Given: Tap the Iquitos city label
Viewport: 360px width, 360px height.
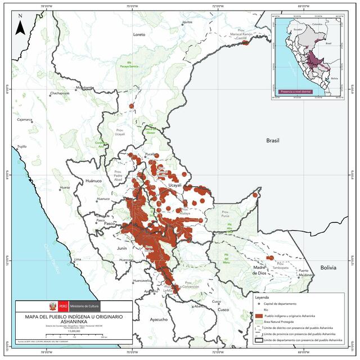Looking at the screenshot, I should tap(187, 22).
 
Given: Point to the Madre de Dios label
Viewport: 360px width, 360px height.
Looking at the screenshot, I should tap(259, 270).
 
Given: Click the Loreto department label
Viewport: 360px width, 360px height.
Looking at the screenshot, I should tap(139, 34).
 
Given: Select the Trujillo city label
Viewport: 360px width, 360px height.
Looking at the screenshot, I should tap(21, 146).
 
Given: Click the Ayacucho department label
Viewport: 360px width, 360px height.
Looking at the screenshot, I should tap(158, 319).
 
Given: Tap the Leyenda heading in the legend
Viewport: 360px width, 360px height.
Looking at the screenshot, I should tap(263, 297).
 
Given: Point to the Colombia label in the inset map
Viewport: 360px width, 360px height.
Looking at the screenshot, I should tap(318, 25).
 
